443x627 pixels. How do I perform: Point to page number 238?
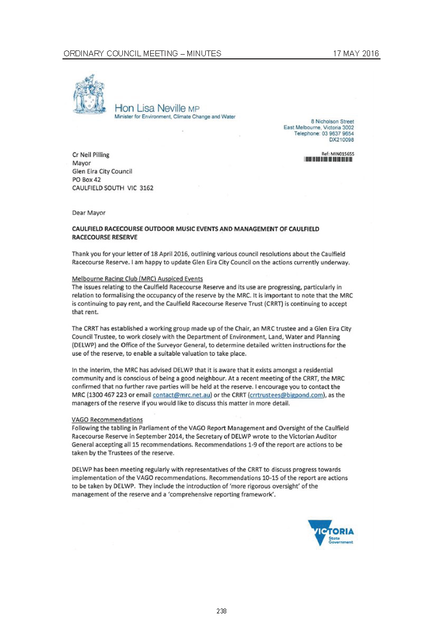click(221, 611)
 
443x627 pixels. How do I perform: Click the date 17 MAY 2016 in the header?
click(356, 54)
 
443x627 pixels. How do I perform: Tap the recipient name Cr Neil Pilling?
click(91, 155)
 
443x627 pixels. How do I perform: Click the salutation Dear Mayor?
click(89, 213)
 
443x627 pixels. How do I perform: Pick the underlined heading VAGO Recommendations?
click(107, 419)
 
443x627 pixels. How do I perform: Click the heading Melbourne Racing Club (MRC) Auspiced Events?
click(137, 278)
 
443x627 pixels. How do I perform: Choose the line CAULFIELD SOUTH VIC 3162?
click(112, 188)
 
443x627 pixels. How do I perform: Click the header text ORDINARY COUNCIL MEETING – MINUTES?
click(142, 54)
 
